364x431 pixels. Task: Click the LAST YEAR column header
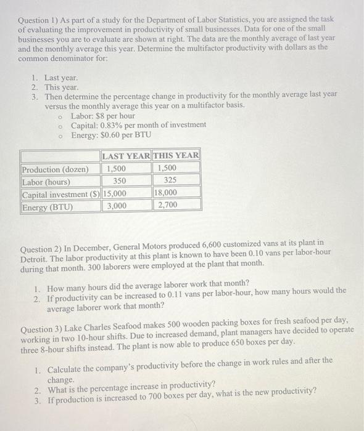126,156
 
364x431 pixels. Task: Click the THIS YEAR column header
176,156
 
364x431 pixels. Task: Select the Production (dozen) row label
56,169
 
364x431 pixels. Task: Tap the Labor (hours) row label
46,182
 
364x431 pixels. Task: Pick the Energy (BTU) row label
47,207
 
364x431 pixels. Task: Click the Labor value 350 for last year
119,182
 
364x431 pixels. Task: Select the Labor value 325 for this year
170,182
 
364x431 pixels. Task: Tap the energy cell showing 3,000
117,207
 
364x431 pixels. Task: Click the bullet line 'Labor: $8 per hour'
103,116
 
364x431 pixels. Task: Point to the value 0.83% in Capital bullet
115,126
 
